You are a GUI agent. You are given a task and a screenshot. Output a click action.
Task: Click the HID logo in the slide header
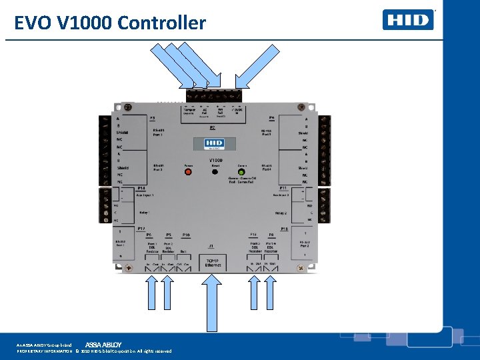pos(408,19)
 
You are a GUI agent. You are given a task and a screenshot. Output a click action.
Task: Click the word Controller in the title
pos(161,23)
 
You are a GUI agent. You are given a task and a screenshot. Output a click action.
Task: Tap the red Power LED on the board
pos(188,172)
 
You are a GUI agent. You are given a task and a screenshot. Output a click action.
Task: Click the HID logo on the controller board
pos(215,144)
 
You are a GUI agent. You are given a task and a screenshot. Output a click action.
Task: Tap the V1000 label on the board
pos(215,161)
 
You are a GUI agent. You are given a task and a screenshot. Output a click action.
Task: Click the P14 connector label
pos(141,188)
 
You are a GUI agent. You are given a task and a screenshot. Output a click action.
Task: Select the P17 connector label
pos(141,229)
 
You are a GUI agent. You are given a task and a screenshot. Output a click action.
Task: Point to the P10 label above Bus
pos(186,235)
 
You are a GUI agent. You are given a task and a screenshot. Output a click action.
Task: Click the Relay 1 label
pos(144,213)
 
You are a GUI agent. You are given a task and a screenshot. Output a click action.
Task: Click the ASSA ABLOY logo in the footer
pos(103,344)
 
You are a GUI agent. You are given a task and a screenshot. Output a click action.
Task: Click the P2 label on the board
pos(213,127)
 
